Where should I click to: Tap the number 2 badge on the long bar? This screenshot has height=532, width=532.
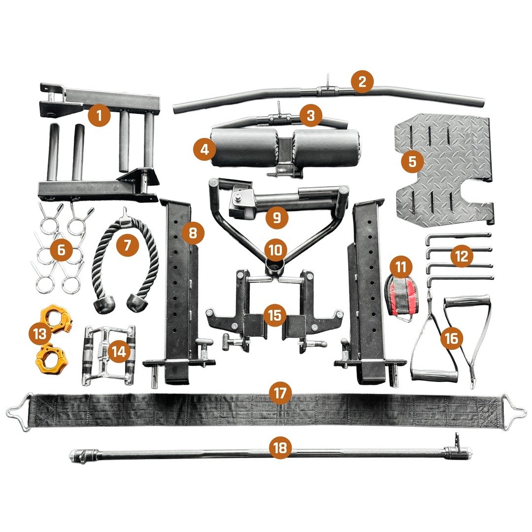coord(362,82)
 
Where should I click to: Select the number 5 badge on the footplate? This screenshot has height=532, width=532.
coord(412,161)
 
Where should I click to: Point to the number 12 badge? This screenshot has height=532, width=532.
coord(461,256)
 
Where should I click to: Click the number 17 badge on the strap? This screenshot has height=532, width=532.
coord(280,393)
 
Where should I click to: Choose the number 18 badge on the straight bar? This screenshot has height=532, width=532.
coord(280,448)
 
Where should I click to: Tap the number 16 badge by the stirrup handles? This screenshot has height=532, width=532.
coord(451,338)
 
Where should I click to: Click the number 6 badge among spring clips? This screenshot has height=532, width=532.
coord(61,250)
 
